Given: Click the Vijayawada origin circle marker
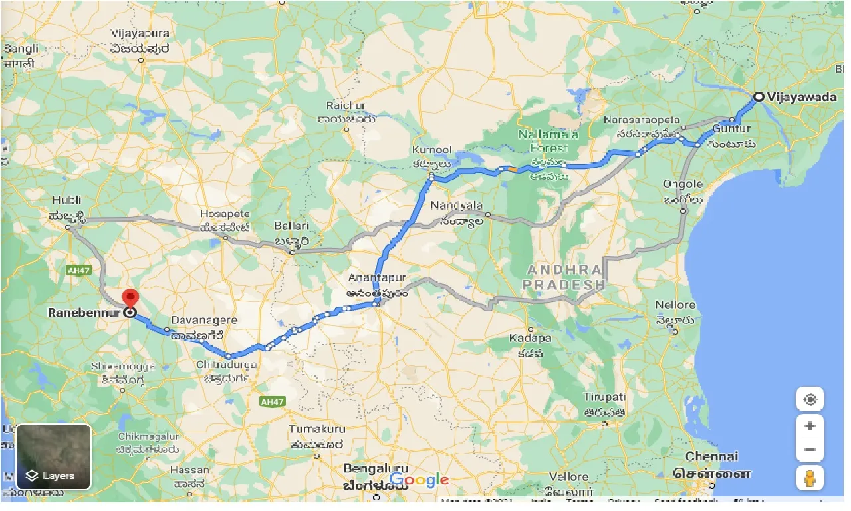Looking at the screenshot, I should coord(759,97).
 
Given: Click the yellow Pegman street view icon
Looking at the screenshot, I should coord(810,478).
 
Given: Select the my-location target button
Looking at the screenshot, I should coord(810,399).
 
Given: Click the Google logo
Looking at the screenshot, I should coord(419,480).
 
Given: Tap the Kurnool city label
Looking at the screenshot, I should coord(431,150).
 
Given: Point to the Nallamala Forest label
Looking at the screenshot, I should coord(549,141).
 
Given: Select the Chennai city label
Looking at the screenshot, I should coord(711,457).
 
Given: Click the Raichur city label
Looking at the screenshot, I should coord(346,106).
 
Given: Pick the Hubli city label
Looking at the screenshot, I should coord(65,200).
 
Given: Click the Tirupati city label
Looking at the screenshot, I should coord(604,397).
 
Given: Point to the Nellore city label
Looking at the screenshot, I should coord(675,305).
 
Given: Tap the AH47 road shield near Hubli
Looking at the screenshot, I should coord(75,270).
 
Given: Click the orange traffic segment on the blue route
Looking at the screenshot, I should coord(512,170).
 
